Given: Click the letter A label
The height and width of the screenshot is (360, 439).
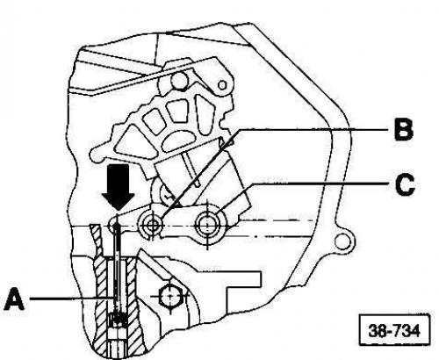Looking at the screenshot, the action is [15, 299].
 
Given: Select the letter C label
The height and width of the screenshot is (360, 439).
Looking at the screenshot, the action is [405, 184].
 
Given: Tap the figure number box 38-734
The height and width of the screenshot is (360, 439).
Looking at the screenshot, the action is [394, 331].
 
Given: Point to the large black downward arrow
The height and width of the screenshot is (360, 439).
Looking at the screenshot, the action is [118, 187].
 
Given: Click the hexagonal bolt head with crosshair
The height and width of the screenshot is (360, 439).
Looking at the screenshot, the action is [170, 296].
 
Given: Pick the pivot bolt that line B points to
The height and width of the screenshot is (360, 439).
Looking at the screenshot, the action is [151, 226].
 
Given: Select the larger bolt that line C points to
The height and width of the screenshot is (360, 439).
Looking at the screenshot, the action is [207, 225].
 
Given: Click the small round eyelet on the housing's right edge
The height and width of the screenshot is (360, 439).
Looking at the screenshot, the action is [342, 241].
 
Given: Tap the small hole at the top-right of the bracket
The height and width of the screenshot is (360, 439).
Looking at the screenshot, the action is [222, 85].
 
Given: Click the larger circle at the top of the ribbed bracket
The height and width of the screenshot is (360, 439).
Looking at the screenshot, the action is [179, 81].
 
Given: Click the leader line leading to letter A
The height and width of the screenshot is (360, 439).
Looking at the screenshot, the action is [71, 299].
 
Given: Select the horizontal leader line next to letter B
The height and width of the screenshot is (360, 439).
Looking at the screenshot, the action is [314, 129].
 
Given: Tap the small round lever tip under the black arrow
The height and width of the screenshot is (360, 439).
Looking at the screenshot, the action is [113, 225].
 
